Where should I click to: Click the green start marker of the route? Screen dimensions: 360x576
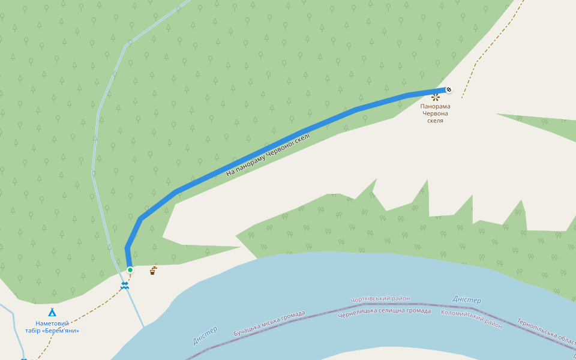coord(130,270)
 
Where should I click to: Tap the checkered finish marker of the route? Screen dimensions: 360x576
coord(448,90)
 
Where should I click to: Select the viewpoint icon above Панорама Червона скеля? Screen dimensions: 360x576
coord(436,97)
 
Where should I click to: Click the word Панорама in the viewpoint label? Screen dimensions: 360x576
coord(436,106)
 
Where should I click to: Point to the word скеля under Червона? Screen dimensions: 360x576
coord(436,121)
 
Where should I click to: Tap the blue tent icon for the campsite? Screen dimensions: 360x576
coord(52,313)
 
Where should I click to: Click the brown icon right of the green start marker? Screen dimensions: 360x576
coord(154,271)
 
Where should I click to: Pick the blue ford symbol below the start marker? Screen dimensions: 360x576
coord(124,286)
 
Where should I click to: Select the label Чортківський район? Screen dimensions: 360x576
coord(380,298)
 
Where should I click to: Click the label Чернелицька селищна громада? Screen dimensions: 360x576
coord(384,311)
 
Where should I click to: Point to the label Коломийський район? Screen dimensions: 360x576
coord(472,316)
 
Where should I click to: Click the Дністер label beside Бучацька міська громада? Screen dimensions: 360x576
coord(205,335)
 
